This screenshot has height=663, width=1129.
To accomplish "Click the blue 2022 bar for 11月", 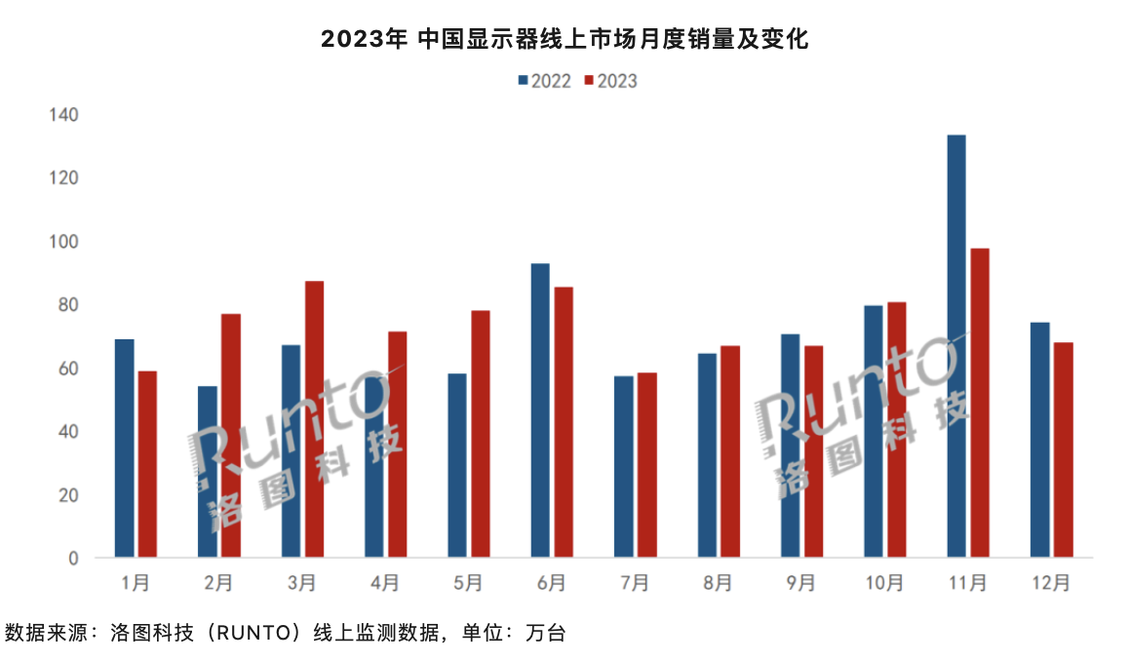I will coord(956,346).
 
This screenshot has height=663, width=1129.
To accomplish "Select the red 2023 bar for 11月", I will coord(980,403).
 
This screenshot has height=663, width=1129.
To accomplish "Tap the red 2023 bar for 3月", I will coord(314,419).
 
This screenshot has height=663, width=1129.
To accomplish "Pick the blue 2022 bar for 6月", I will coord(540,410).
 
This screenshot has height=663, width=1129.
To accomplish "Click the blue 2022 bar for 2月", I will coord(208,472).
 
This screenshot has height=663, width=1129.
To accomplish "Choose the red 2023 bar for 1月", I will coord(147,464).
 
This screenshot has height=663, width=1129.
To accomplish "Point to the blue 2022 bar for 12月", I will coord(1039,440).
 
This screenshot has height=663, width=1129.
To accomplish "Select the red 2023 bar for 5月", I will coord(481,434).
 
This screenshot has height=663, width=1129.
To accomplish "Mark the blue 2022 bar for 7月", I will coord(623,467).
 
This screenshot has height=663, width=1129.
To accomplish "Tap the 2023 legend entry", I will coord(610,81).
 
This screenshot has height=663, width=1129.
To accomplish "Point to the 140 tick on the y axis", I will coord(64,115).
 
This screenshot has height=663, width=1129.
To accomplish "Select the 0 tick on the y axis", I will coord(73,559).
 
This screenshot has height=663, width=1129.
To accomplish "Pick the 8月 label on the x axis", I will coord(717,583).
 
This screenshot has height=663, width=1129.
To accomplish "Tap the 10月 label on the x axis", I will coord(883,583).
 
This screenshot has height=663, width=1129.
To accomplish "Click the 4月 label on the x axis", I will coord(384,583).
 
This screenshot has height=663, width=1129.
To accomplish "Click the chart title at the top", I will coord(564,39).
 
